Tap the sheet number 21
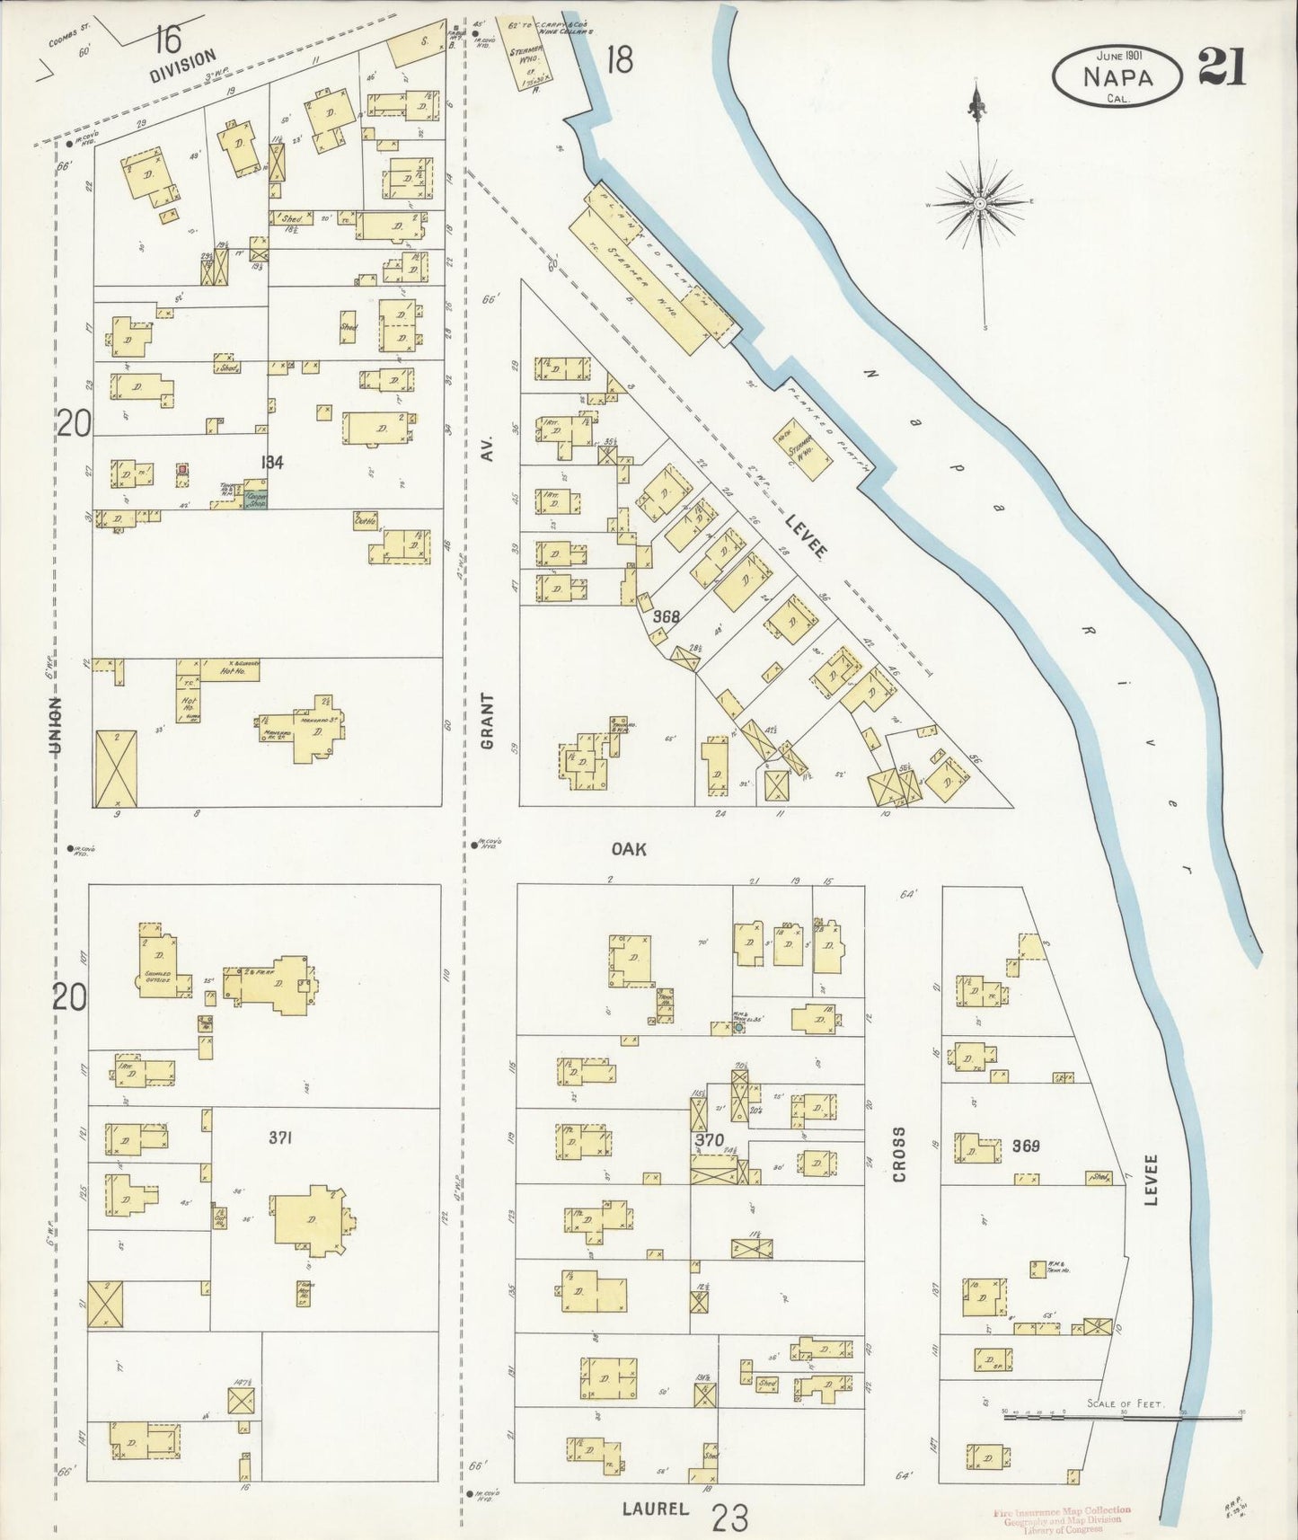tap(1221, 66)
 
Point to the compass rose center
tap(980, 205)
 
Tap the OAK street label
tap(630, 848)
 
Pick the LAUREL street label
tap(655, 1509)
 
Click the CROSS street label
tap(899, 1155)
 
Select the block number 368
tap(666, 617)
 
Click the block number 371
tap(281, 1137)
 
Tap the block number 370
tap(709, 1140)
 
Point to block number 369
tap(1025, 1146)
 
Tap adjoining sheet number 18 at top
tap(619, 60)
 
